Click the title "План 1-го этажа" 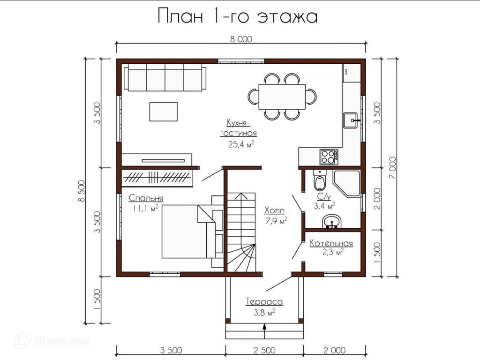(x=238, y=16)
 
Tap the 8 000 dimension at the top (x=241, y=39)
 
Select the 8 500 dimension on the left (x=81, y=191)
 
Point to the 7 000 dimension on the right (x=393, y=168)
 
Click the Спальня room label (x=146, y=198)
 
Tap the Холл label (x=275, y=210)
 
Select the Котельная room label (x=331, y=243)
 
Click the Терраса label (x=264, y=302)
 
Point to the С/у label (x=323, y=196)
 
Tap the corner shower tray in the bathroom (x=346, y=183)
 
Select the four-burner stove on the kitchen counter (x=329, y=157)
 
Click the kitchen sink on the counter (x=351, y=120)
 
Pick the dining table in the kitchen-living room (x=282, y=97)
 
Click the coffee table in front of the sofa (x=164, y=112)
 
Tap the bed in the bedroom (x=188, y=232)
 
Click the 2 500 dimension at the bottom (x=264, y=350)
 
